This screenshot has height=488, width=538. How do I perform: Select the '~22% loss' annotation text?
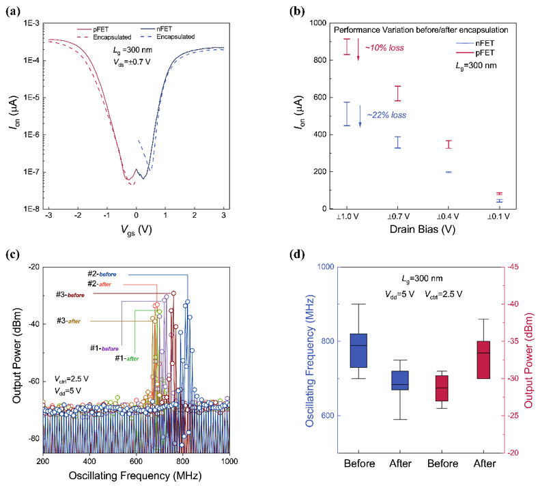[x=386, y=115]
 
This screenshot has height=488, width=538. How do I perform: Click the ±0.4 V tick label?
[x=448, y=216]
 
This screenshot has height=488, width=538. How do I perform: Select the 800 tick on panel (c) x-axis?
[x=182, y=463]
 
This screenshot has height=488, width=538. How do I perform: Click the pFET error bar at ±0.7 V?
[x=397, y=94]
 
